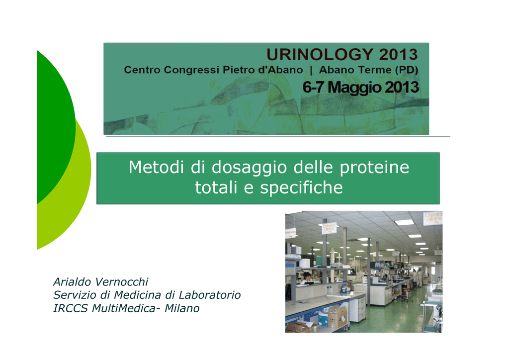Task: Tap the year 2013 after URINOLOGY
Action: point(398,54)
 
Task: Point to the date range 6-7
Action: point(314,87)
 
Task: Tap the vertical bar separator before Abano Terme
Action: point(311,70)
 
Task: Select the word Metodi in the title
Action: point(157,167)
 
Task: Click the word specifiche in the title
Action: point(301,188)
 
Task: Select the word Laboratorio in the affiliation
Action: point(210,295)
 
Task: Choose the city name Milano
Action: point(182,308)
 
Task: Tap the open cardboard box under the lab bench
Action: point(334,316)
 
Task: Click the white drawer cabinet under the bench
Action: point(361,309)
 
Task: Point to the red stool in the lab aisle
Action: point(406,294)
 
